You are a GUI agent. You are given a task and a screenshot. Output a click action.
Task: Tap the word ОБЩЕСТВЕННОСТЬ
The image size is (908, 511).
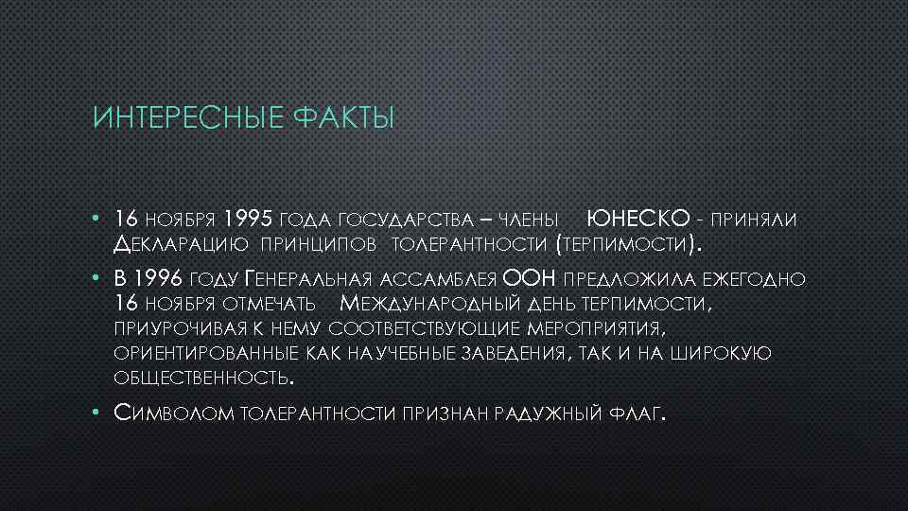coord(201,379)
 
